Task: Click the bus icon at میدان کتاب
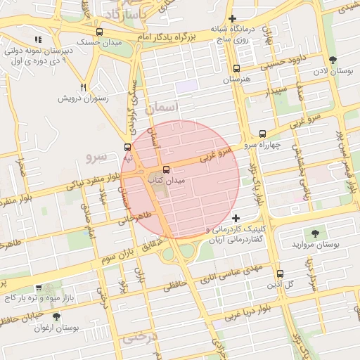166,169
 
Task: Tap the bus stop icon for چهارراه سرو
263,134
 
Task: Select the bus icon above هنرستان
236,69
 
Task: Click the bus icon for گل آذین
280,274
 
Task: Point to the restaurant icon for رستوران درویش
84,87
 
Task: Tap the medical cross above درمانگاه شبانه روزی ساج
233,18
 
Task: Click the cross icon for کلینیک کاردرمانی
236,219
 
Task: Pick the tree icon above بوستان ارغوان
56,316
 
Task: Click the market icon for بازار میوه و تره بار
38,288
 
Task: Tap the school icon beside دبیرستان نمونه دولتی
38,40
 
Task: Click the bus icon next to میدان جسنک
99,32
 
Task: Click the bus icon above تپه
127,147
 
